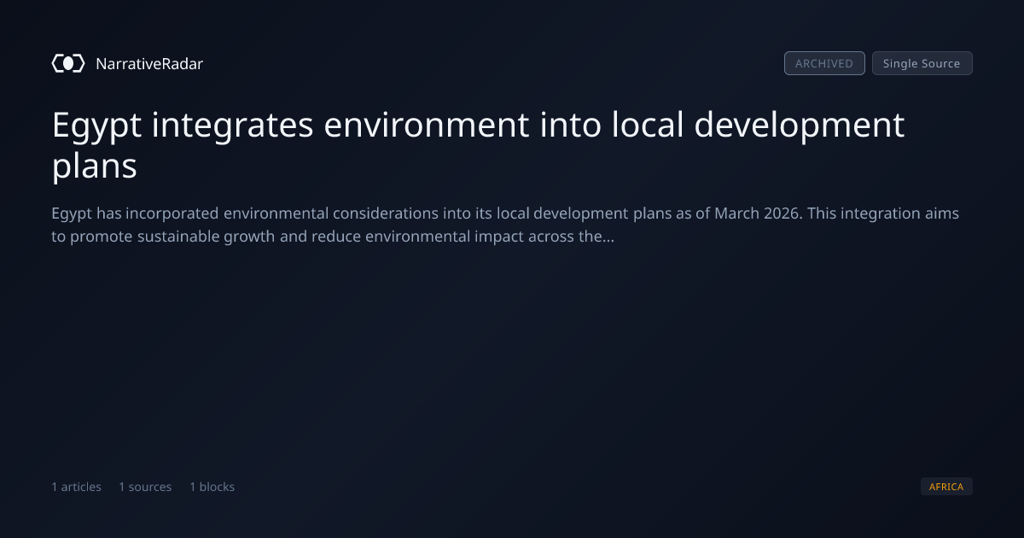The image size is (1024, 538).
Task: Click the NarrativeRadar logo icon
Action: coord(68,63)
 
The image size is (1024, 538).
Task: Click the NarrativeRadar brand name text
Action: coord(149,64)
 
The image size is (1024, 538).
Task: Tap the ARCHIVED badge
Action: coord(824,63)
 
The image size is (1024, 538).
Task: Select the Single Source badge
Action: coord(922,63)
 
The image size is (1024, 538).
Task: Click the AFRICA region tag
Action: coord(946,486)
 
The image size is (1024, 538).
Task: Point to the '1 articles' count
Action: coord(76,487)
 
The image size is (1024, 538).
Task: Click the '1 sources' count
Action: coord(145,487)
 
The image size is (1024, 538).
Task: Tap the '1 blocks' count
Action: coord(212,487)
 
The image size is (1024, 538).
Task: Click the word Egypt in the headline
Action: coord(96,126)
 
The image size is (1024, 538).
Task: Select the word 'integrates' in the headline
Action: coord(232,126)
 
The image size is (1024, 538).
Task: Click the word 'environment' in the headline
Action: coord(426,125)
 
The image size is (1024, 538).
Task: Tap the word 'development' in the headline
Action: coord(799,126)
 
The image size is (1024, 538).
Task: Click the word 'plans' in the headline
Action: coord(94,166)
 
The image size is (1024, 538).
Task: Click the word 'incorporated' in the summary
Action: coord(172,214)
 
